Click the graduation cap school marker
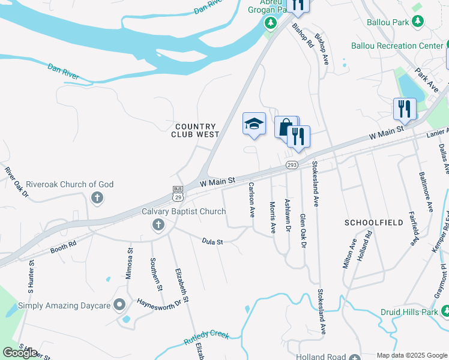(x=254, y=124)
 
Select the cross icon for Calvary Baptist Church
(x=158, y=226)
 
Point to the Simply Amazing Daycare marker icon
(x=119, y=306)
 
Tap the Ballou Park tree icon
(x=418, y=22)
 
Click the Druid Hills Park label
(x=409, y=313)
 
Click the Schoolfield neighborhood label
(x=373, y=222)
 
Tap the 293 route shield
(x=292, y=164)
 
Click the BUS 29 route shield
(x=177, y=193)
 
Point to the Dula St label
(x=212, y=242)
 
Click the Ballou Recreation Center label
(x=396, y=46)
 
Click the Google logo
(x=20, y=352)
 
